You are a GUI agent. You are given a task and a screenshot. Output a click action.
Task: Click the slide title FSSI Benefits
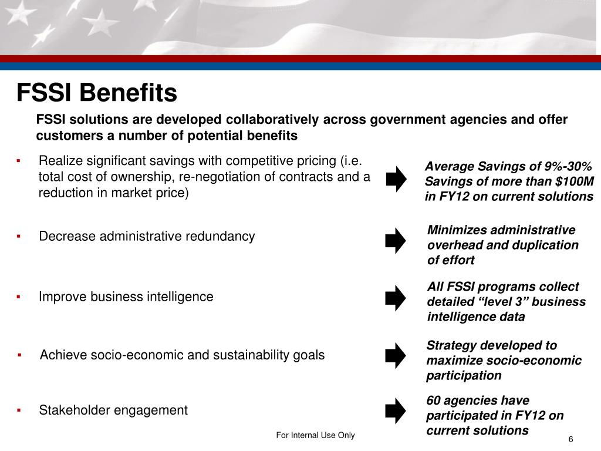point(96,92)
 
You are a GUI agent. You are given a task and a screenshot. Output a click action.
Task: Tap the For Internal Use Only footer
point(316,435)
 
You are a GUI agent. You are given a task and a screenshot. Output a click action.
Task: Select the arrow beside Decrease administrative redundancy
point(396,240)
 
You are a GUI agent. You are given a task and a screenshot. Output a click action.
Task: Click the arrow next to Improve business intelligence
point(396,298)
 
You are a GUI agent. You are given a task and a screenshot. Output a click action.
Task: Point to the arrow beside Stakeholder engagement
point(396,410)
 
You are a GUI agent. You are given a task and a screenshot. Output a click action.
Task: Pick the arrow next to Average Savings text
point(396,179)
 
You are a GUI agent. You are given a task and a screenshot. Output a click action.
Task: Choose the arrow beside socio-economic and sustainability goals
point(396,355)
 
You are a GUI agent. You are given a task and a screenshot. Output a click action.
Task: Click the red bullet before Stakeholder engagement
point(19,410)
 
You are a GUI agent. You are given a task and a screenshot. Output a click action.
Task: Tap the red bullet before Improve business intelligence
point(19,297)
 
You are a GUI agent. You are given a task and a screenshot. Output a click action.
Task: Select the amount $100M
point(570,181)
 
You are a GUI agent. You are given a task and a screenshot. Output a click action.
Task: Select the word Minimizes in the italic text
point(457,230)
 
